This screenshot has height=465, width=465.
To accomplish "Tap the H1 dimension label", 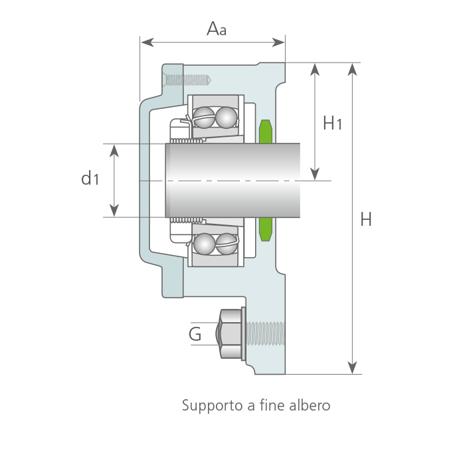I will [x=332, y=123].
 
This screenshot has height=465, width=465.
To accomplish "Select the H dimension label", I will [x=366, y=219].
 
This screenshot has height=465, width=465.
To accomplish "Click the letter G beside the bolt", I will [x=195, y=334].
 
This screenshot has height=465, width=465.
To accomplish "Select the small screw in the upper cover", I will [x=188, y=80].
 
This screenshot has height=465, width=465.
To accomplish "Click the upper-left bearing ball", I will [x=205, y=117].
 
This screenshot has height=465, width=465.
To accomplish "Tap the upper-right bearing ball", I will [x=227, y=117].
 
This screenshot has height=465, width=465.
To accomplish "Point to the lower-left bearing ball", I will [x=205, y=244].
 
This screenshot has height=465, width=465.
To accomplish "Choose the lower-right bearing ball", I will [x=227, y=244].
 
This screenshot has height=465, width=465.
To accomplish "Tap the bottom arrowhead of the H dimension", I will [x=352, y=368].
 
